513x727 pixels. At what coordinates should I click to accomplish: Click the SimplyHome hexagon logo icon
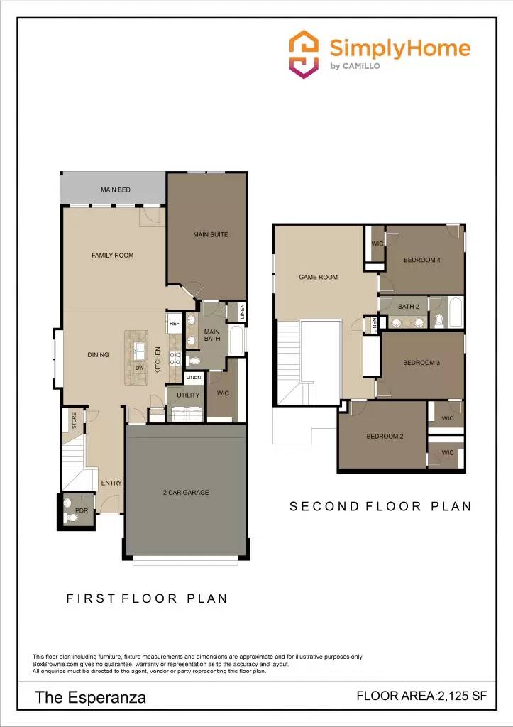coord(305,54)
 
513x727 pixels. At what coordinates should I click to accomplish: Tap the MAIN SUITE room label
coord(211,234)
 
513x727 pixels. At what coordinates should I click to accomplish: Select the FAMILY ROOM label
coord(112,256)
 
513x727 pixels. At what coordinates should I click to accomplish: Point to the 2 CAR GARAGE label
coord(185,492)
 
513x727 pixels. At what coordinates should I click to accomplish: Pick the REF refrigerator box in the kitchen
coord(175,323)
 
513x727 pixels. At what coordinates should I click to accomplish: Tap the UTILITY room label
coord(189,395)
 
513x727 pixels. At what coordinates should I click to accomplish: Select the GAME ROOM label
coord(318,277)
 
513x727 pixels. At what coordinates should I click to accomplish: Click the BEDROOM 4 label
coord(422,260)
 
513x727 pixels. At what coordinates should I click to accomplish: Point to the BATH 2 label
coord(409,307)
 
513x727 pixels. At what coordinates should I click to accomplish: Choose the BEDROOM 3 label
coord(421,363)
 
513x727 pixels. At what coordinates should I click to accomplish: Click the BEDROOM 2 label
coord(385,436)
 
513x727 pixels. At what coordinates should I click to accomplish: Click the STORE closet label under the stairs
coord(74,421)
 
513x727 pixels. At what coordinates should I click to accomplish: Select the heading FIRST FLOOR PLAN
coord(147,598)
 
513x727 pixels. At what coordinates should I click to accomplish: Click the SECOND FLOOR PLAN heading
coord(380,506)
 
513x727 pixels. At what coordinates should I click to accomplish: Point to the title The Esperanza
coord(91,697)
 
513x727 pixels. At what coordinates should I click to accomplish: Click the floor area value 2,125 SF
coord(462,696)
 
